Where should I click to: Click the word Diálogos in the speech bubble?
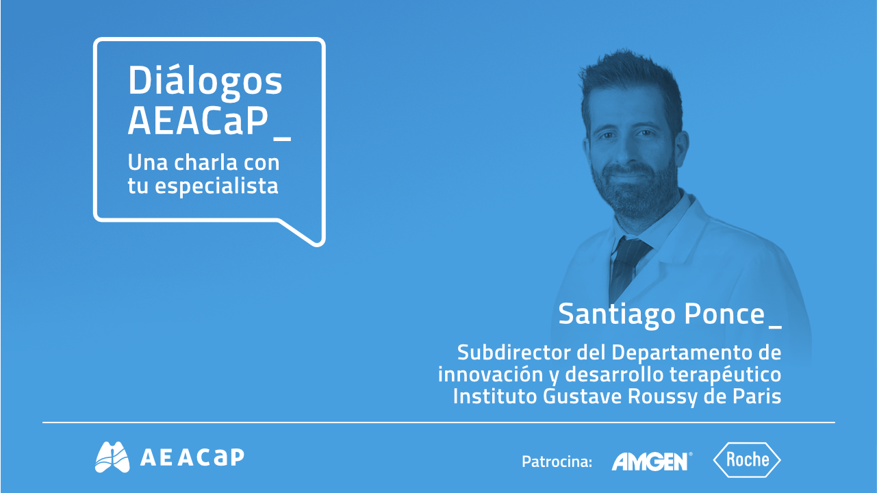(205, 82)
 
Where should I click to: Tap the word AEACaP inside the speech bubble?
(196, 121)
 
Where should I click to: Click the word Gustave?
(582, 396)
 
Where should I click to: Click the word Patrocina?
(557, 462)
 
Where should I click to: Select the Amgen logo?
(650, 461)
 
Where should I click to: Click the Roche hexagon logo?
(747, 459)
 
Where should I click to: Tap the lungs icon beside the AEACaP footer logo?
(112, 457)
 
